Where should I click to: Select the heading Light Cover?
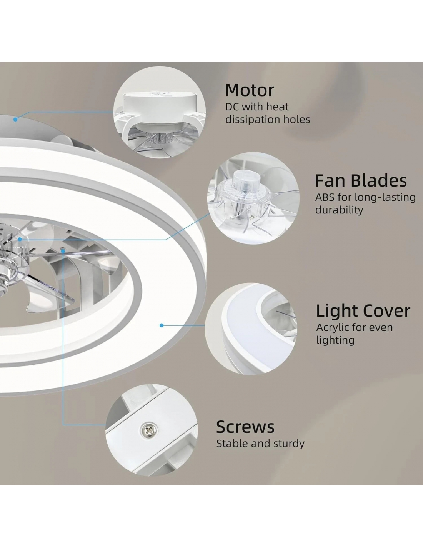[x=363, y=311]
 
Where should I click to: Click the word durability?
[x=339, y=210]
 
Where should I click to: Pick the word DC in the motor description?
[x=232, y=107]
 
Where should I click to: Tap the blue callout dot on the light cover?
[x=162, y=325]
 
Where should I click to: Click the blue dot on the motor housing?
[x=15, y=119]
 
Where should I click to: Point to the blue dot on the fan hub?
[x=20, y=239]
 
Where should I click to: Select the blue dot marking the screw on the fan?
[x=63, y=251]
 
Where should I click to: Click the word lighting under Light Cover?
[x=335, y=340]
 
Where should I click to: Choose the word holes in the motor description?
[x=297, y=119]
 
